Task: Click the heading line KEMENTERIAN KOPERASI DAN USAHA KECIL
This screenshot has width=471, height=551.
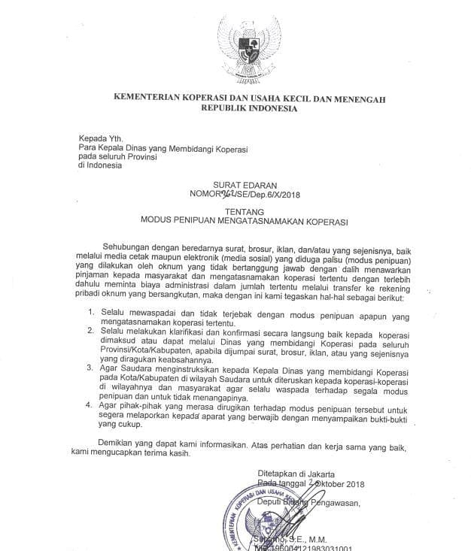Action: pos(249,97)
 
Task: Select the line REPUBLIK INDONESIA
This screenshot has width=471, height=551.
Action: pos(249,108)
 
